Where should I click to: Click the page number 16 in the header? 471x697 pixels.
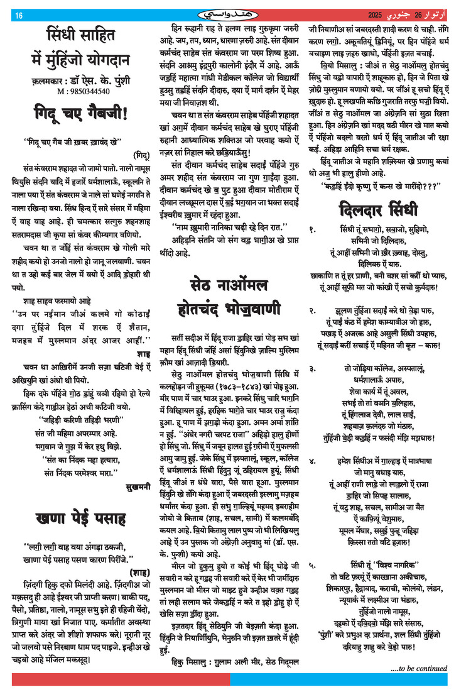pyautogui.click(x=19, y=14)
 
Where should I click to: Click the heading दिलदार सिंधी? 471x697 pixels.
pyautogui.click(x=382, y=208)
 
